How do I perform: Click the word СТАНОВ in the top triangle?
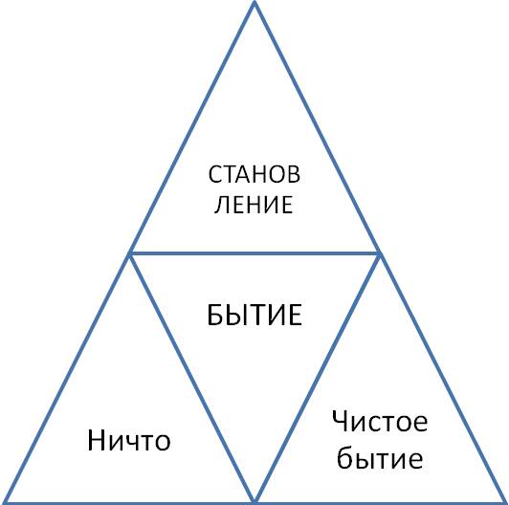pyautogui.click(x=254, y=175)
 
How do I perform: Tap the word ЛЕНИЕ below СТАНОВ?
pyautogui.click(x=254, y=205)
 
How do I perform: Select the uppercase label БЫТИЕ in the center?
pyautogui.click(x=254, y=315)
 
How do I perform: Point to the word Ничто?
pyautogui.click(x=129, y=440)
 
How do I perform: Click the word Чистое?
pyautogui.click(x=380, y=421)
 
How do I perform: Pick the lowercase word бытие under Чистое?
pyautogui.click(x=380, y=458)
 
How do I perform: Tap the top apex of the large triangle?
pyautogui.click(x=254, y=3)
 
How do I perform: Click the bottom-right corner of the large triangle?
pyautogui.click(x=506, y=503)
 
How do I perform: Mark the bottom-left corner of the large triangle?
pyautogui.click(x=3, y=503)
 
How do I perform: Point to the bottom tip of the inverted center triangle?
pyautogui.click(x=254, y=502)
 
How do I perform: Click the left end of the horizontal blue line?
pyautogui.click(x=130, y=253)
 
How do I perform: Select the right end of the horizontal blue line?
pyautogui.click(x=379, y=253)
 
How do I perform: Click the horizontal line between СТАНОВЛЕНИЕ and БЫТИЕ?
pyautogui.click(x=254, y=253)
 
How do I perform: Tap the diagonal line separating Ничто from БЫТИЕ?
pyautogui.click(x=192, y=378)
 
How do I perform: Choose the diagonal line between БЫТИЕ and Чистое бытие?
pyautogui.click(x=317, y=378)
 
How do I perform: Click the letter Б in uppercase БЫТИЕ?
pyautogui.click(x=214, y=315)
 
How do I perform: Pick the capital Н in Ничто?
pyautogui.click(x=96, y=440)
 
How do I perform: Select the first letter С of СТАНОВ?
pyautogui.click(x=215, y=175)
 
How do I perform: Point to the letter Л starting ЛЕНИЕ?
pyautogui.click(x=221, y=205)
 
